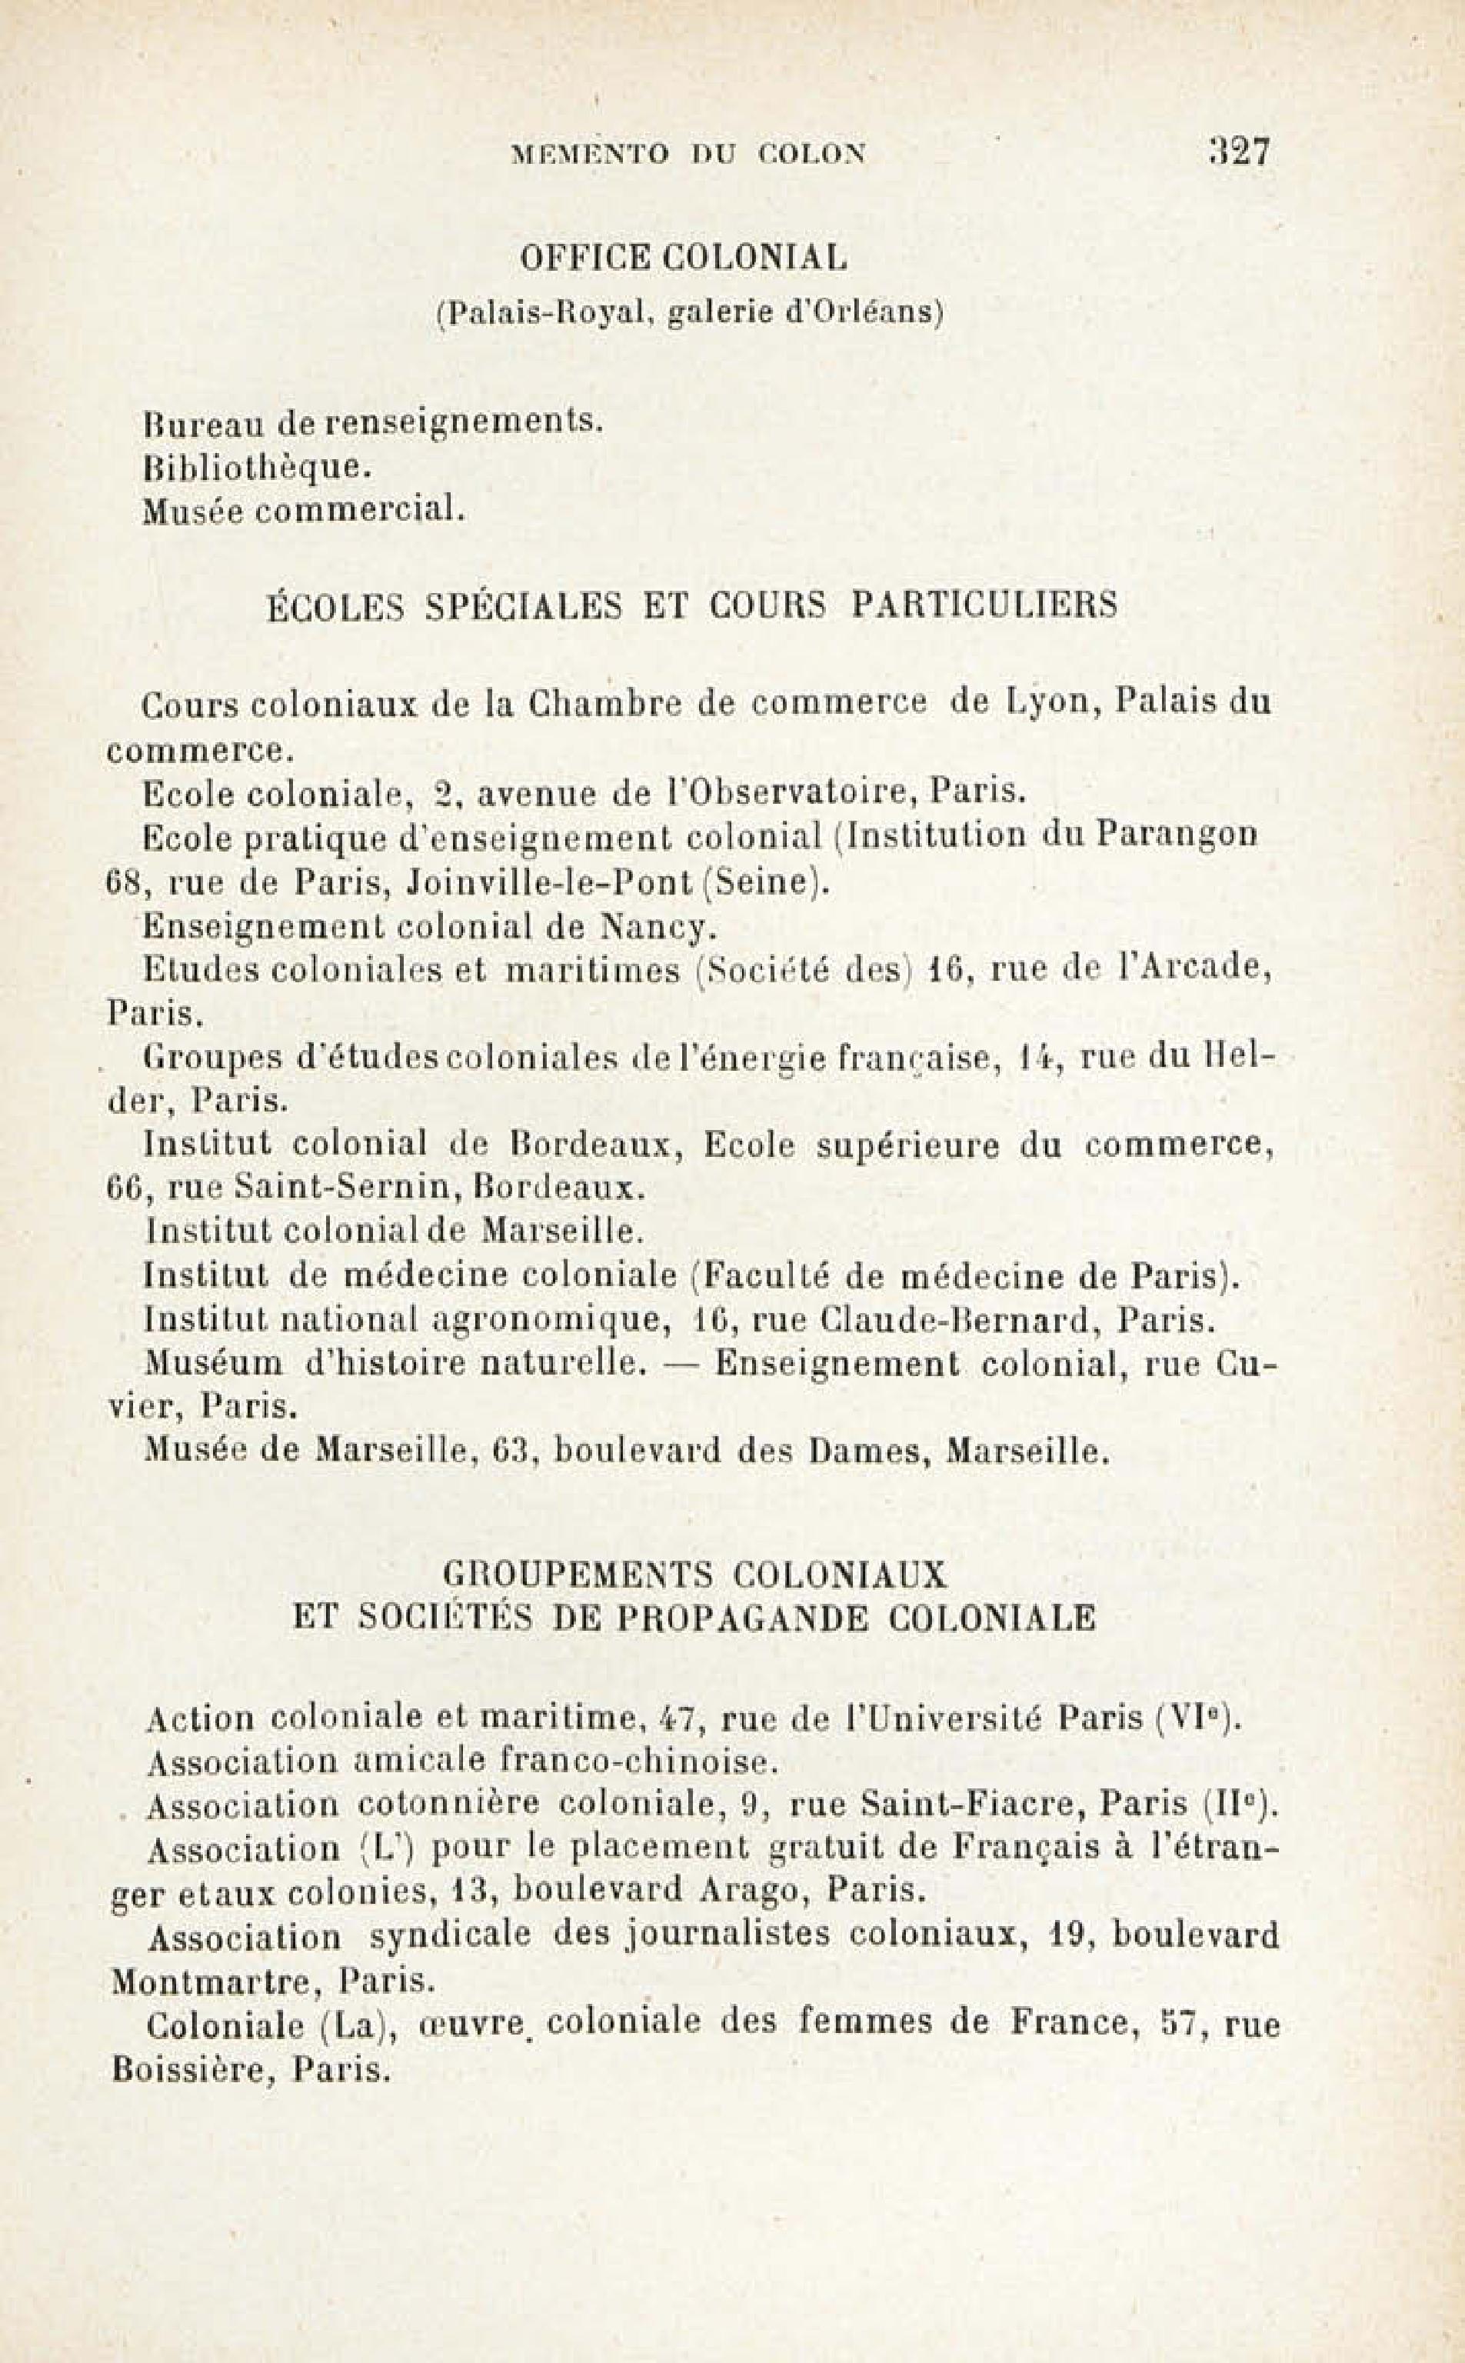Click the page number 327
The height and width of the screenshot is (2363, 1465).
pyautogui.click(x=1238, y=152)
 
